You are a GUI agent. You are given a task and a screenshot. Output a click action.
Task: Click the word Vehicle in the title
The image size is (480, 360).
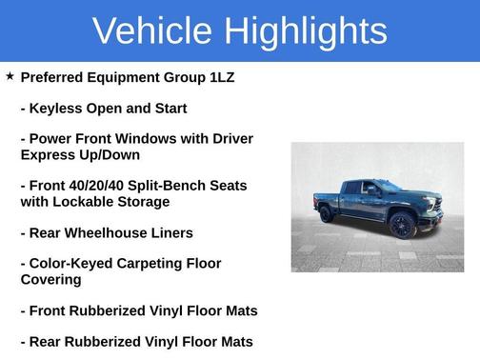pos(153,30)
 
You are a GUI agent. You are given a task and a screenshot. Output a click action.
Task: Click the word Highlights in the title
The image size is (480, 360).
pos(305,30)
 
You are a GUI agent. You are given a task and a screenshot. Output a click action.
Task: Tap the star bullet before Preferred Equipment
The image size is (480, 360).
pos(10,75)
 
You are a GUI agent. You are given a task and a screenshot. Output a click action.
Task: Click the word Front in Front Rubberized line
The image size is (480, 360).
pos(50,310)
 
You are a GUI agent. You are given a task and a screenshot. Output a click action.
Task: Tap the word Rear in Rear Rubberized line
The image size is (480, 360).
pos(47,341)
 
